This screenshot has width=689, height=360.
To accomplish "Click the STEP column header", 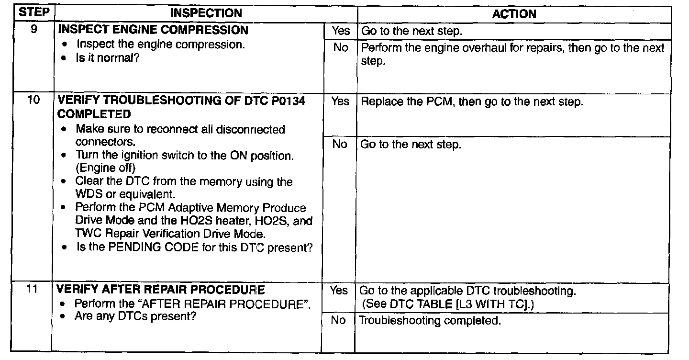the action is click(34, 12).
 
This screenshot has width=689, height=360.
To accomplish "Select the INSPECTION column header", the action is click(206, 13).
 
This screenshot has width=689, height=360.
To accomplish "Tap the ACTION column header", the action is click(514, 14).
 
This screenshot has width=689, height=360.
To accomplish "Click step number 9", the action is click(34, 29).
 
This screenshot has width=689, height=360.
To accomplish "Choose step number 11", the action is click(32, 289).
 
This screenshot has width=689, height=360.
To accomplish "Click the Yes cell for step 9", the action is click(341, 31).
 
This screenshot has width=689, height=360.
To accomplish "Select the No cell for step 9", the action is click(341, 48).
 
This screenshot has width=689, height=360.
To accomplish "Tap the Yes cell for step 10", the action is click(340, 101).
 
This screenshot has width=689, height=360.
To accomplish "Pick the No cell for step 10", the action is click(340, 144).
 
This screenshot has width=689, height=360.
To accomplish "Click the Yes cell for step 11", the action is click(339, 290).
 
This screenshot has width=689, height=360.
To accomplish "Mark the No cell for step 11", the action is click(338, 320).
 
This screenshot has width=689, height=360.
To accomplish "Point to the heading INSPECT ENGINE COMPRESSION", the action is click(153, 30).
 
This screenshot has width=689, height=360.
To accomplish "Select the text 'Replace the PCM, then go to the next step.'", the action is click(472, 101).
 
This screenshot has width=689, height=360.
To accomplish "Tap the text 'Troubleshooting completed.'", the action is click(430, 321).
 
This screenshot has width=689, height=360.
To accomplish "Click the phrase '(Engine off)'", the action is click(105, 168).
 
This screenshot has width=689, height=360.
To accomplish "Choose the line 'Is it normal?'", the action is click(108, 57).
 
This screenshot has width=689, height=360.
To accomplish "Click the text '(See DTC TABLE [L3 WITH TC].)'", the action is click(448, 304).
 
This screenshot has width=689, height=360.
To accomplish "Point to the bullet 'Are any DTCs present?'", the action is click(135, 316).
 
